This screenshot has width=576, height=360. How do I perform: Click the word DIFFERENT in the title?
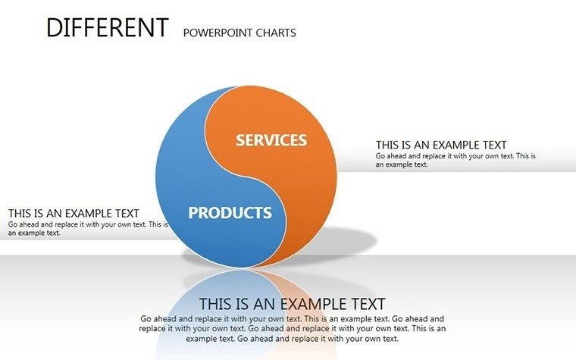coord(106,28)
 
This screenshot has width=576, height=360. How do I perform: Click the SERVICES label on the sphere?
coord(271,140)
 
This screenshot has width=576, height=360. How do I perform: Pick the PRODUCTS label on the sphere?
coord(230,213)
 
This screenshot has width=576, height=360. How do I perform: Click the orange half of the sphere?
coord(303,182)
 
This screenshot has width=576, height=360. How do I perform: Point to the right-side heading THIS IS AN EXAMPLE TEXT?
coord(441,145)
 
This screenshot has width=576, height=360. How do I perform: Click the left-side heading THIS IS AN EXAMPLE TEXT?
coord(74,214)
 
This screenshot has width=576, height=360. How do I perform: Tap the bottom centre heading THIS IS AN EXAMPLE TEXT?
coord(292,304)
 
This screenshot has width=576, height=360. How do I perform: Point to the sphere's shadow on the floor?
coord(349,243)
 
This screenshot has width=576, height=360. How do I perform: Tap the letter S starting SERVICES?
coord(240,140)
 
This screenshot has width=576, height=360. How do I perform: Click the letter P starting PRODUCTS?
coord(193,213)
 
